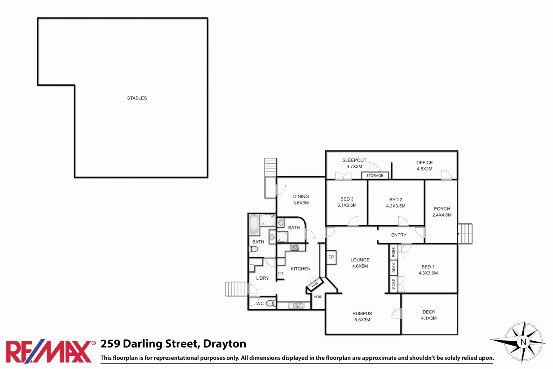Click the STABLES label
coord(137,98)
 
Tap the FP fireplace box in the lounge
coord(331,257)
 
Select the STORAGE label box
coord(374,176)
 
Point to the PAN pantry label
coord(315,284)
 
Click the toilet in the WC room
coord(270,303)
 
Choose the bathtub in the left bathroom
coord(254,224)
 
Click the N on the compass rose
coord(523,342)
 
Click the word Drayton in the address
coord(225,344)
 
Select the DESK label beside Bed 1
coord(394,268)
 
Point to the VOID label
coord(318,297)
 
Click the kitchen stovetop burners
coord(295,247)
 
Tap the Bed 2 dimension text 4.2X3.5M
coord(396,206)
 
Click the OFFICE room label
coord(424,163)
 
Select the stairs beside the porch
coord(465,233)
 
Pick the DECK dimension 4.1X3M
coord(429,318)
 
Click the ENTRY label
coord(399,235)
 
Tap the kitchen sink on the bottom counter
coord(296,305)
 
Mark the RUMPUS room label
coord(362,314)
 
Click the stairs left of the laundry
coord(236,289)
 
